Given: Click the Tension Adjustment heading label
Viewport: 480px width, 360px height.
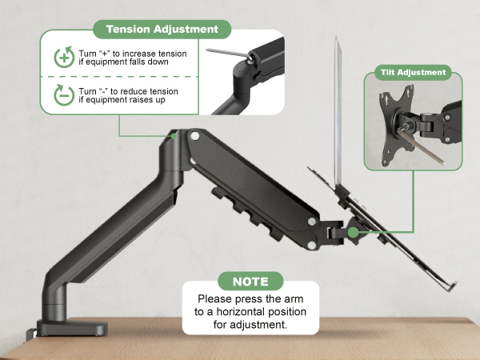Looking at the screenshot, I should coord(162,30).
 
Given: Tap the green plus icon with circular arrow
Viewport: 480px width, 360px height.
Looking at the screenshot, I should coord(63,58).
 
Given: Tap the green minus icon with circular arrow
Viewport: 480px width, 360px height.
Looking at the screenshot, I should coord(63,96).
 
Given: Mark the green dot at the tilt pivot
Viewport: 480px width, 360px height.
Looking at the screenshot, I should coord(354,232).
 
